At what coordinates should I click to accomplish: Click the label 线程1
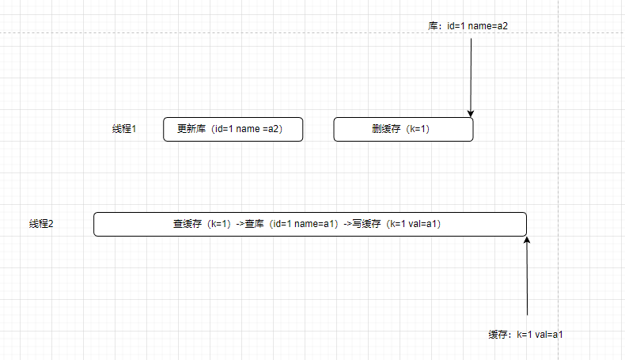124,129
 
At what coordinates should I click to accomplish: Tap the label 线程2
41,224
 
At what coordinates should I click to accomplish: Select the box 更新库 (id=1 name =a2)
233,129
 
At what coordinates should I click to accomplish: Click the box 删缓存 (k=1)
403,129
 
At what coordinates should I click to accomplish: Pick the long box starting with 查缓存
309,224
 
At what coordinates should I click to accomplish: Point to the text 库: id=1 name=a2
468,25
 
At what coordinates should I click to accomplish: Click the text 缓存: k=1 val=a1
525,335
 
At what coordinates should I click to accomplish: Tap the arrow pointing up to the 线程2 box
526,277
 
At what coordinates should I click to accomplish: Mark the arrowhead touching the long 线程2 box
526,240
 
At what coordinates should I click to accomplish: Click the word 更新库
191,129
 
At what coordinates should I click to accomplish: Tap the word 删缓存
385,129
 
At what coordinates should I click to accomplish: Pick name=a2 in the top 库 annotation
488,25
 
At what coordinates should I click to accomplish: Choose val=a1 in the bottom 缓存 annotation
549,335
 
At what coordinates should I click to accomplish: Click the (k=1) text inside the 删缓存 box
419,129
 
